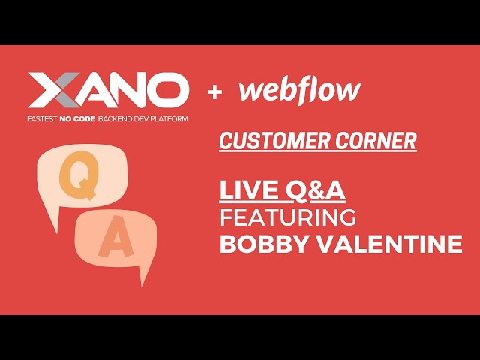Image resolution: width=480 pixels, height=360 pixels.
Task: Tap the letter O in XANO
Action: point(168,91)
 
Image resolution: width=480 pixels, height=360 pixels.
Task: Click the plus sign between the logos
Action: point(215,92)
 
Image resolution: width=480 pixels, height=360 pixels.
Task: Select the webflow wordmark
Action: point(299,91)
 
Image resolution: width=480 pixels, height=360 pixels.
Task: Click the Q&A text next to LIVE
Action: point(316,190)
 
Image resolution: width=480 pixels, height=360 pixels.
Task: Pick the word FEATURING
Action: point(288,217)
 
